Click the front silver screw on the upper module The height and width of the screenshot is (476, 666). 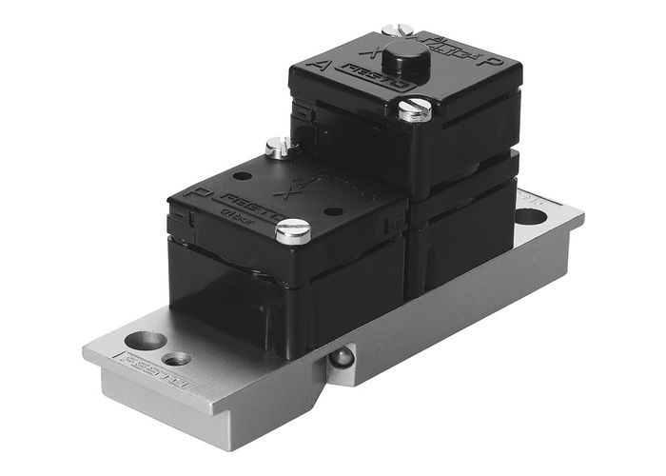[x=415, y=109]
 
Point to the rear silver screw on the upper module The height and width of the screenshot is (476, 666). [x=396, y=30]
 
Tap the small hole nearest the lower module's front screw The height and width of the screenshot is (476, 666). [x=333, y=210]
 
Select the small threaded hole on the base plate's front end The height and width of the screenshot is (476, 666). [x=177, y=359]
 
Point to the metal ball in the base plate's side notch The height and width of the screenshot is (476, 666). [x=341, y=358]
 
